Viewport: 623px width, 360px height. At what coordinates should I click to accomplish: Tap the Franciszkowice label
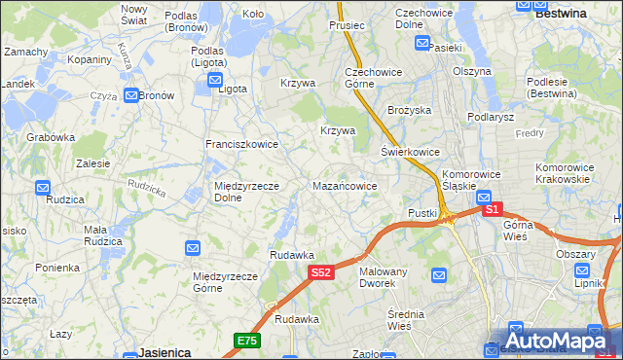pos(241,144)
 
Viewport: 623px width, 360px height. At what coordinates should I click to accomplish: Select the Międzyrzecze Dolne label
pos(247,192)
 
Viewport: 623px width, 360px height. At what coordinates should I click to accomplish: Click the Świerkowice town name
pos(411,153)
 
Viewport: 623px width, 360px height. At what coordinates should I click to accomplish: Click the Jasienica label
pos(164,352)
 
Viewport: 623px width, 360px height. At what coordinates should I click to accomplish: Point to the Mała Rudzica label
pos(102,235)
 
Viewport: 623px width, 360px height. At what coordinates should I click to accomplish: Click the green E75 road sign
pos(247,340)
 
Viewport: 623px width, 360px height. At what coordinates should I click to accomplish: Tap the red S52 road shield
pos(323,274)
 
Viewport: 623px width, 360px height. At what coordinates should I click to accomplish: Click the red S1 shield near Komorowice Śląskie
pos(493,208)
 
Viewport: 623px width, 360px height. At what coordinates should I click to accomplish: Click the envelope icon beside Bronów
pos(130,95)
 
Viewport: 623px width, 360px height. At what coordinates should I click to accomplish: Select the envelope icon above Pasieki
pos(422,43)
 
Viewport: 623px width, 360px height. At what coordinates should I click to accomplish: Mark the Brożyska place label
pos(409,111)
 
